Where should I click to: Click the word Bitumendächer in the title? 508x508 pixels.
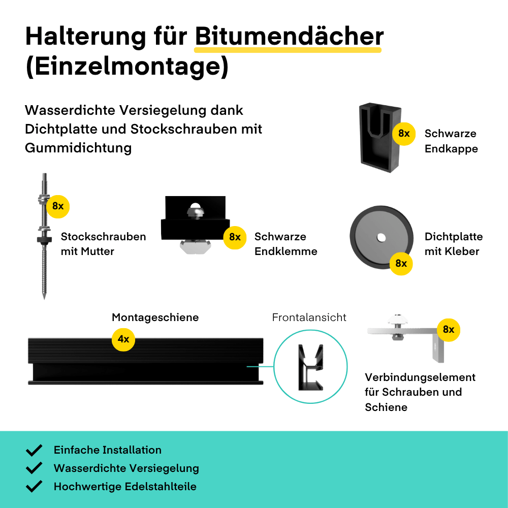point(289,36)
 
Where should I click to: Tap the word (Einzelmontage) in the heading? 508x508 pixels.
point(127,67)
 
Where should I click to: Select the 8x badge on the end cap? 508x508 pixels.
point(404,134)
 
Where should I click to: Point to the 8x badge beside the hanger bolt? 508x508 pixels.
point(58,206)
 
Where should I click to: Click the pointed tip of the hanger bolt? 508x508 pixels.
point(44,298)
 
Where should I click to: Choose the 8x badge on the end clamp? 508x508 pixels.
point(235,237)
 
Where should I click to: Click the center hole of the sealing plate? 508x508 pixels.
point(382,238)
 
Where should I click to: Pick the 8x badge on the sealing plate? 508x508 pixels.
point(401,263)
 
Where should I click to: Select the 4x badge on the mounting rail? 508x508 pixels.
point(123,339)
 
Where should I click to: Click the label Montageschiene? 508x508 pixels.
point(155,317)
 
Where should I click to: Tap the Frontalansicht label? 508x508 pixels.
point(309,317)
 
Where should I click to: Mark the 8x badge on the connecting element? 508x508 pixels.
point(449,330)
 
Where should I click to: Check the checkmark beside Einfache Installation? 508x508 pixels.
point(34,450)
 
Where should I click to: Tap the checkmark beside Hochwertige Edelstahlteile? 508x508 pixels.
point(34,486)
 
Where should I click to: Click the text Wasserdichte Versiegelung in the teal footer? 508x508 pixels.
point(126,468)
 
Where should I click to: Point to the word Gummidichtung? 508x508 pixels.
point(78,148)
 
